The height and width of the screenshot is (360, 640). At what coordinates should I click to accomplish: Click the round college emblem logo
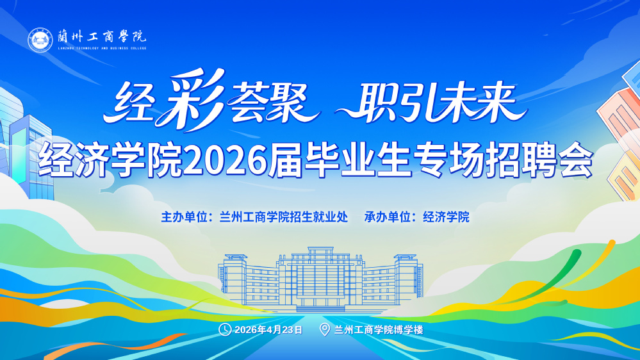pos(40,40)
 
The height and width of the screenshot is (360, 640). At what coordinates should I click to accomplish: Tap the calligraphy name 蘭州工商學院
pos(102,37)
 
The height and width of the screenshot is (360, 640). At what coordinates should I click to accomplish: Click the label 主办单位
pos(185,217)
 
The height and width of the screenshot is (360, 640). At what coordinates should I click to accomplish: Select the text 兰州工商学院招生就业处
pos(284,217)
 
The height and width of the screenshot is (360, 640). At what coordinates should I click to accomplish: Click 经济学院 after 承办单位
pos(446,217)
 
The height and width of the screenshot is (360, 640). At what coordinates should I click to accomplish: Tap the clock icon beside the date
pos(225,329)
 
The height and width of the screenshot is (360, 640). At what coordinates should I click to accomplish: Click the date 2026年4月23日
pos(268,330)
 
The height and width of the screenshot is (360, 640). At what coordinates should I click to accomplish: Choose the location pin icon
pos(325,329)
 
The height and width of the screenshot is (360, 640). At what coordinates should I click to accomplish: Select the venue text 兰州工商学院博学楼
pos(379,330)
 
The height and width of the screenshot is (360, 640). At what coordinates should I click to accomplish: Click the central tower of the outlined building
pos(320,277)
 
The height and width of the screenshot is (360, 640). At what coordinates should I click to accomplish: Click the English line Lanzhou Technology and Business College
pos(102,48)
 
